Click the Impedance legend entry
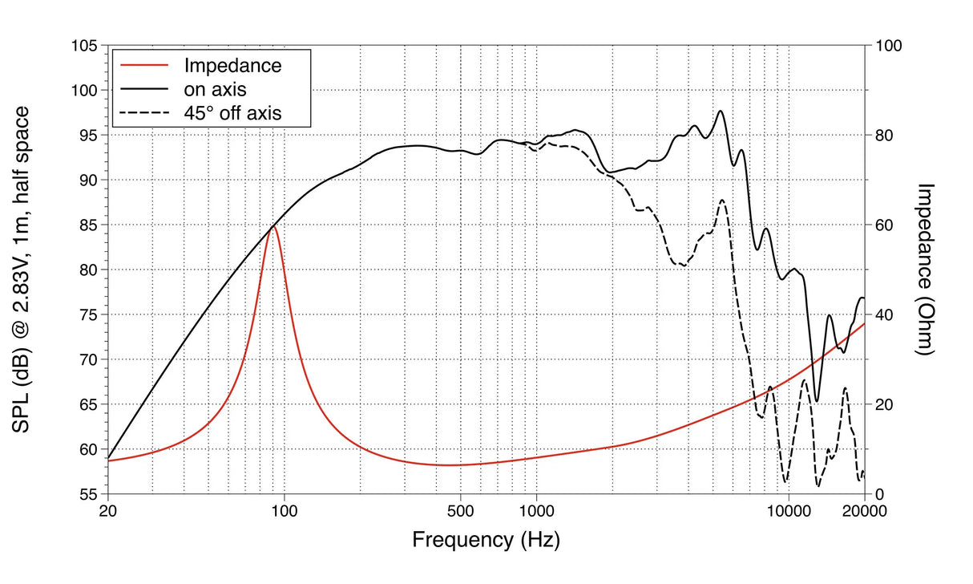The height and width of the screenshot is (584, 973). [233, 66]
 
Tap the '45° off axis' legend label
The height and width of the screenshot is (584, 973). [233, 113]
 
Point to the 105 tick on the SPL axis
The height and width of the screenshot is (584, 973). [86, 47]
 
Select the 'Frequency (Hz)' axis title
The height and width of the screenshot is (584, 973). [486, 539]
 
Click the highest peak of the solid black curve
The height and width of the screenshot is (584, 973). [721, 111]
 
